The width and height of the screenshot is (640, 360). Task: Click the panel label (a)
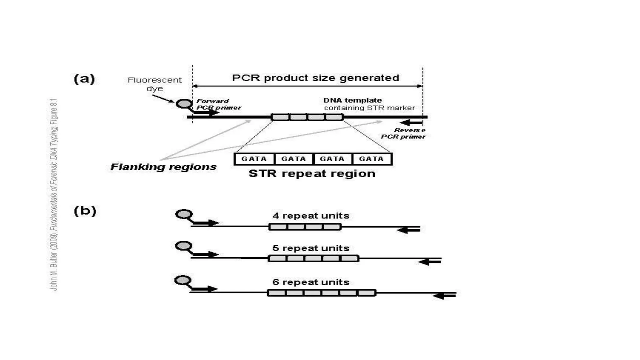pyautogui.click(x=84, y=79)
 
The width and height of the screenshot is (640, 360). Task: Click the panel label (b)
pyautogui.click(x=85, y=211)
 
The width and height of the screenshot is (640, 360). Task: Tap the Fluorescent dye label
pyautogui.click(x=155, y=84)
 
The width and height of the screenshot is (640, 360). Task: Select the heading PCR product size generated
pyautogui.click(x=315, y=78)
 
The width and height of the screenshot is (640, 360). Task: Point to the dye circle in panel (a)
pyautogui.click(x=183, y=103)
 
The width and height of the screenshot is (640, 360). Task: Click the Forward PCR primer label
pyautogui.click(x=218, y=104)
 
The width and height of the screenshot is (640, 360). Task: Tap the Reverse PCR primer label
pyautogui.click(x=403, y=133)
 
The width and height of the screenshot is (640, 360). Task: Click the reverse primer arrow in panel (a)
pyautogui.click(x=411, y=123)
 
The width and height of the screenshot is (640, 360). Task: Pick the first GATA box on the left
pyautogui.click(x=254, y=159)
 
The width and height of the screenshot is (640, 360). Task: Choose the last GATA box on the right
pyautogui.click(x=371, y=159)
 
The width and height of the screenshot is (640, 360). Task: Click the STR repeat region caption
pyautogui.click(x=312, y=174)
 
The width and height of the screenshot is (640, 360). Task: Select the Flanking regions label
pyautogui.click(x=163, y=167)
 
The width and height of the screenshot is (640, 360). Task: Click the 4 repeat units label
pyautogui.click(x=311, y=216)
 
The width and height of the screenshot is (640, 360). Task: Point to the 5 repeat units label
pyautogui.click(x=311, y=248)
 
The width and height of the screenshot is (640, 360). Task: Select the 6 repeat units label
pyautogui.click(x=311, y=282)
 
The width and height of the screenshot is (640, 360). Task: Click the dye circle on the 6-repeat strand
pyautogui.click(x=183, y=280)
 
